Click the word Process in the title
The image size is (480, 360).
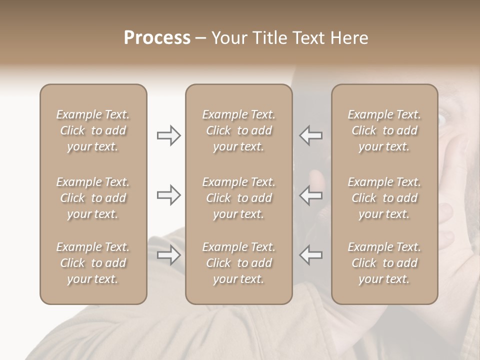pos(157,38)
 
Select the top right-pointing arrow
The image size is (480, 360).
pos(169,135)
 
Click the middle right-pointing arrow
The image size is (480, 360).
pos(169,195)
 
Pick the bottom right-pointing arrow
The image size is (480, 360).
pos(169,255)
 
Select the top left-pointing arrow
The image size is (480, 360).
pos(310,135)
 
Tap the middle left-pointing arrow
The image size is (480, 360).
pos(310,195)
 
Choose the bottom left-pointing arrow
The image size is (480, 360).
pos(310,255)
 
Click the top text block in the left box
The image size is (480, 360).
pos(93,130)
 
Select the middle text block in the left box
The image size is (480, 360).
pos(93,198)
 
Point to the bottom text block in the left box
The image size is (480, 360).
pos(93,263)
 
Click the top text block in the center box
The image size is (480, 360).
pos(238,130)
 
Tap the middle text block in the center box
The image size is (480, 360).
pos(238,198)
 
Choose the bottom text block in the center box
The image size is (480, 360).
pos(238,263)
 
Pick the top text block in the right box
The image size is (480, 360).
pos(384,130)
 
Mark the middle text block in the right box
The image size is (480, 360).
pos(384,198)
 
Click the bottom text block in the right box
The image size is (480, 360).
pos(384,263)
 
